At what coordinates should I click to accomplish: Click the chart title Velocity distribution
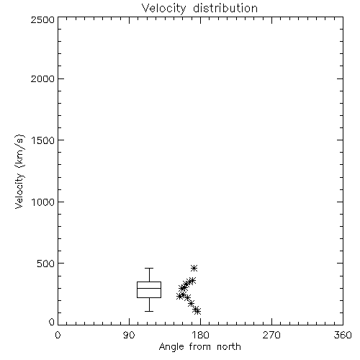pyautogui.click(x=199, y=8)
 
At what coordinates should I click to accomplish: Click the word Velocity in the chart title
pyautogui.click(x=163, y=9)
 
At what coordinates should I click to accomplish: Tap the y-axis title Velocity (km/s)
pyautogui.click(x=19, y=171)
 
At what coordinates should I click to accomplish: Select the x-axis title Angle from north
pyautogui.click(x=199, y=347)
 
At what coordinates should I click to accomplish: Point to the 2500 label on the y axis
pyautogui.click(x=43, y=19)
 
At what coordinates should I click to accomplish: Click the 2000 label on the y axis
pyautogui.click(x=43, y=78)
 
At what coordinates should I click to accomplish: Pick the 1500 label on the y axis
pyautogui.click(x=43, y=140)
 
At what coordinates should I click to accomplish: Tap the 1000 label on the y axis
pyautogui.click(x=43, y=202)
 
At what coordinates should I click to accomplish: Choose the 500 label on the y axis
pyautogui.click(x=46, y=264)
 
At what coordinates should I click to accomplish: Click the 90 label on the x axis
pyautogui.click(x=129, y=335)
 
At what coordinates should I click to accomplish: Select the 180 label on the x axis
pyautogui.click(x=200, y=335)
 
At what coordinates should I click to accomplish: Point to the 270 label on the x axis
pyautogui.click(x=271, y=335)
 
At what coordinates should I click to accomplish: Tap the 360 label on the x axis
pyautogui.click(x=343, y=335)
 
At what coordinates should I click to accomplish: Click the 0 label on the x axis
pyautogui.click(x=58, y=335)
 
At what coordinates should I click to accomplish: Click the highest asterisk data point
pyautogui.click(x=194, y=268)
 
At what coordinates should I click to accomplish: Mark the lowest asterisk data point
pyautogui.click(x=197, y=311)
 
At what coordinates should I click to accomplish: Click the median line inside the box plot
pyautogui.click(x=149, y=288)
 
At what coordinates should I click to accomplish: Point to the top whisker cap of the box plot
pyautogui.click(x=149, y=268)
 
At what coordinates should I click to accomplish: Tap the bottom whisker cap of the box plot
pyautogui.click(x=149, y=311)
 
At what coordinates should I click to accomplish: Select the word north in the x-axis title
pyautogui.click(x=229, y=347)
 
